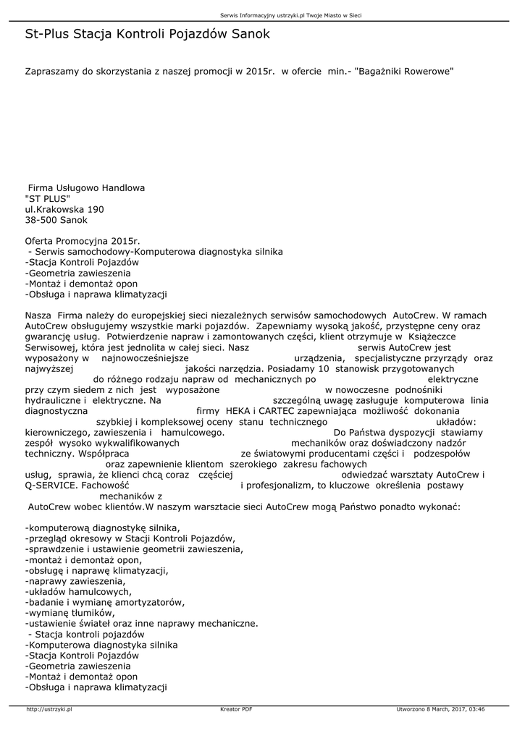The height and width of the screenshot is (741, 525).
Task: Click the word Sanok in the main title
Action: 246,34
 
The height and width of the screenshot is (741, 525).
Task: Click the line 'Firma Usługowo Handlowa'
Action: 86,187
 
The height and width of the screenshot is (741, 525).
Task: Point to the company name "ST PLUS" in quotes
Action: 47,198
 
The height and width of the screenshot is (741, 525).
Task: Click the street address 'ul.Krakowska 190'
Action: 64,209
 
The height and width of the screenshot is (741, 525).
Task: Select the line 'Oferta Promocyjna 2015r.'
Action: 82,241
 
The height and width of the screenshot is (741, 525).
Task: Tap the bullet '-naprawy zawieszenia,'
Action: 75,580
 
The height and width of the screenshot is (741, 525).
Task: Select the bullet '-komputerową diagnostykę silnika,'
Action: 102,528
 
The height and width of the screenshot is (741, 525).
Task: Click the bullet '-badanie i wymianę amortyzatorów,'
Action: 104,602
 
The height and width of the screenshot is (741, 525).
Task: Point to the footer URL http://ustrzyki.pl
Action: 49,709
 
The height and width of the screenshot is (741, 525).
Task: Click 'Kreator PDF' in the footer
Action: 236,709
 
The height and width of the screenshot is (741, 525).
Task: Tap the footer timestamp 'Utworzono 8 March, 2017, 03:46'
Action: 440,709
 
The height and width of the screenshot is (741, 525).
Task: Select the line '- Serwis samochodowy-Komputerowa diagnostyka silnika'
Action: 154,252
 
